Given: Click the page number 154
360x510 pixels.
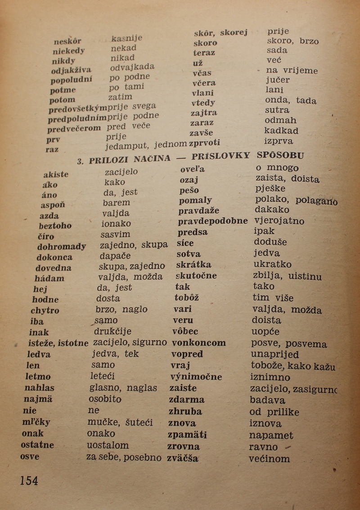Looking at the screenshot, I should click(29, 480).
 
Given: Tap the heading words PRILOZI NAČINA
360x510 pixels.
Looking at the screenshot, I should click(130, 159).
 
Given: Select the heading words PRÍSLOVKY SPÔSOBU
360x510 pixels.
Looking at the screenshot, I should click(247, 156).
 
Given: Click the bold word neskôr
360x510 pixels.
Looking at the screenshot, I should click(67, 42).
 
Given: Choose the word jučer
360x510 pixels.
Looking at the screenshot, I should click(278, 80).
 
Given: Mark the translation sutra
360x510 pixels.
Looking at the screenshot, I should click(277, 110).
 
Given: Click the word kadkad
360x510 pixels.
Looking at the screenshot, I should click(281, 131).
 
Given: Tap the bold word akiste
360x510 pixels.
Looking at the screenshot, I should click(56, 174).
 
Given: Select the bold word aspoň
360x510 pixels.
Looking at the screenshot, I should click(53, 205).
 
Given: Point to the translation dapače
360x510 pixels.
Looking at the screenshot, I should click(115, 256).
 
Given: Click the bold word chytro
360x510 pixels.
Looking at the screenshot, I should click(45, 310).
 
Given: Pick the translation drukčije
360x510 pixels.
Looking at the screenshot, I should click(112, 332).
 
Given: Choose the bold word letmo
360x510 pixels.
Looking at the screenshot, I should click(38, 376).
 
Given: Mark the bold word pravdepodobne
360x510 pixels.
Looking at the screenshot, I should click(212, 221).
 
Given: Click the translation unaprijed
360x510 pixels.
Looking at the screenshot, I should click(274, 355).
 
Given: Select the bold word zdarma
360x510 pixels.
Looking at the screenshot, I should click(186, 399).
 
